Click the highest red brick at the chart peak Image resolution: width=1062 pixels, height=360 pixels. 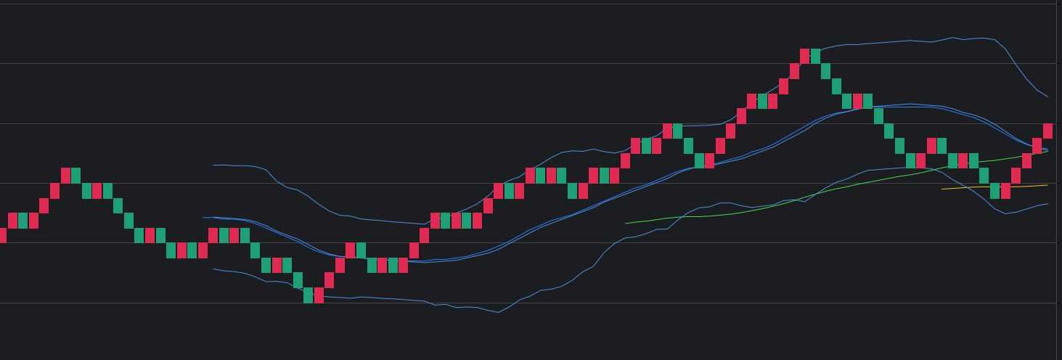point(804,56)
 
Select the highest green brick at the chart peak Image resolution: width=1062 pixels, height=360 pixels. point(815,56)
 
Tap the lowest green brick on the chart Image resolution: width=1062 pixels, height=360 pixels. point(308,295)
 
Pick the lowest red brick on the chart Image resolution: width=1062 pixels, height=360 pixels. point(319,295)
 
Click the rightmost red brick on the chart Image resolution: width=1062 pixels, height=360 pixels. point(1047,131)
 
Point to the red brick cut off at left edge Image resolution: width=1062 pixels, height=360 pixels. point(2,235)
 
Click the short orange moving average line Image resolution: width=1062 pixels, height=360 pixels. point(994,187)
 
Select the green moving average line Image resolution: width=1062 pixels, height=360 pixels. point(798,198)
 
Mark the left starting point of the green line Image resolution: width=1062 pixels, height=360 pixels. point(626,224)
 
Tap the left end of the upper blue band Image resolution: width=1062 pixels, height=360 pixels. point(213,165)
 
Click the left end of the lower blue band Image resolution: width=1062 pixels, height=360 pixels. point(213,269)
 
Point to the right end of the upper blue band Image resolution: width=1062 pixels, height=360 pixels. point(1047,97)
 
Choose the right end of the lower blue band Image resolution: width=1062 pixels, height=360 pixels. point(1047,204)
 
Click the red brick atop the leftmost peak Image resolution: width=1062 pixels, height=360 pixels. point(65,176)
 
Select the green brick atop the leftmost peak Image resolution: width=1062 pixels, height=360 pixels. point(75,176)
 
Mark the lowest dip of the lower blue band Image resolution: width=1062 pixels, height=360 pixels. point(498,312)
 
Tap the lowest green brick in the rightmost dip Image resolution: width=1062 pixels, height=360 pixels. point(994,191)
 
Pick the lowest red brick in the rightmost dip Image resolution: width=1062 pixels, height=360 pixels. point(1005,191)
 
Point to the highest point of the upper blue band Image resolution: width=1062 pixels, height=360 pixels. point(952,37)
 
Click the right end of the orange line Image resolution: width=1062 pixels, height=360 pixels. point(1047,185)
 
